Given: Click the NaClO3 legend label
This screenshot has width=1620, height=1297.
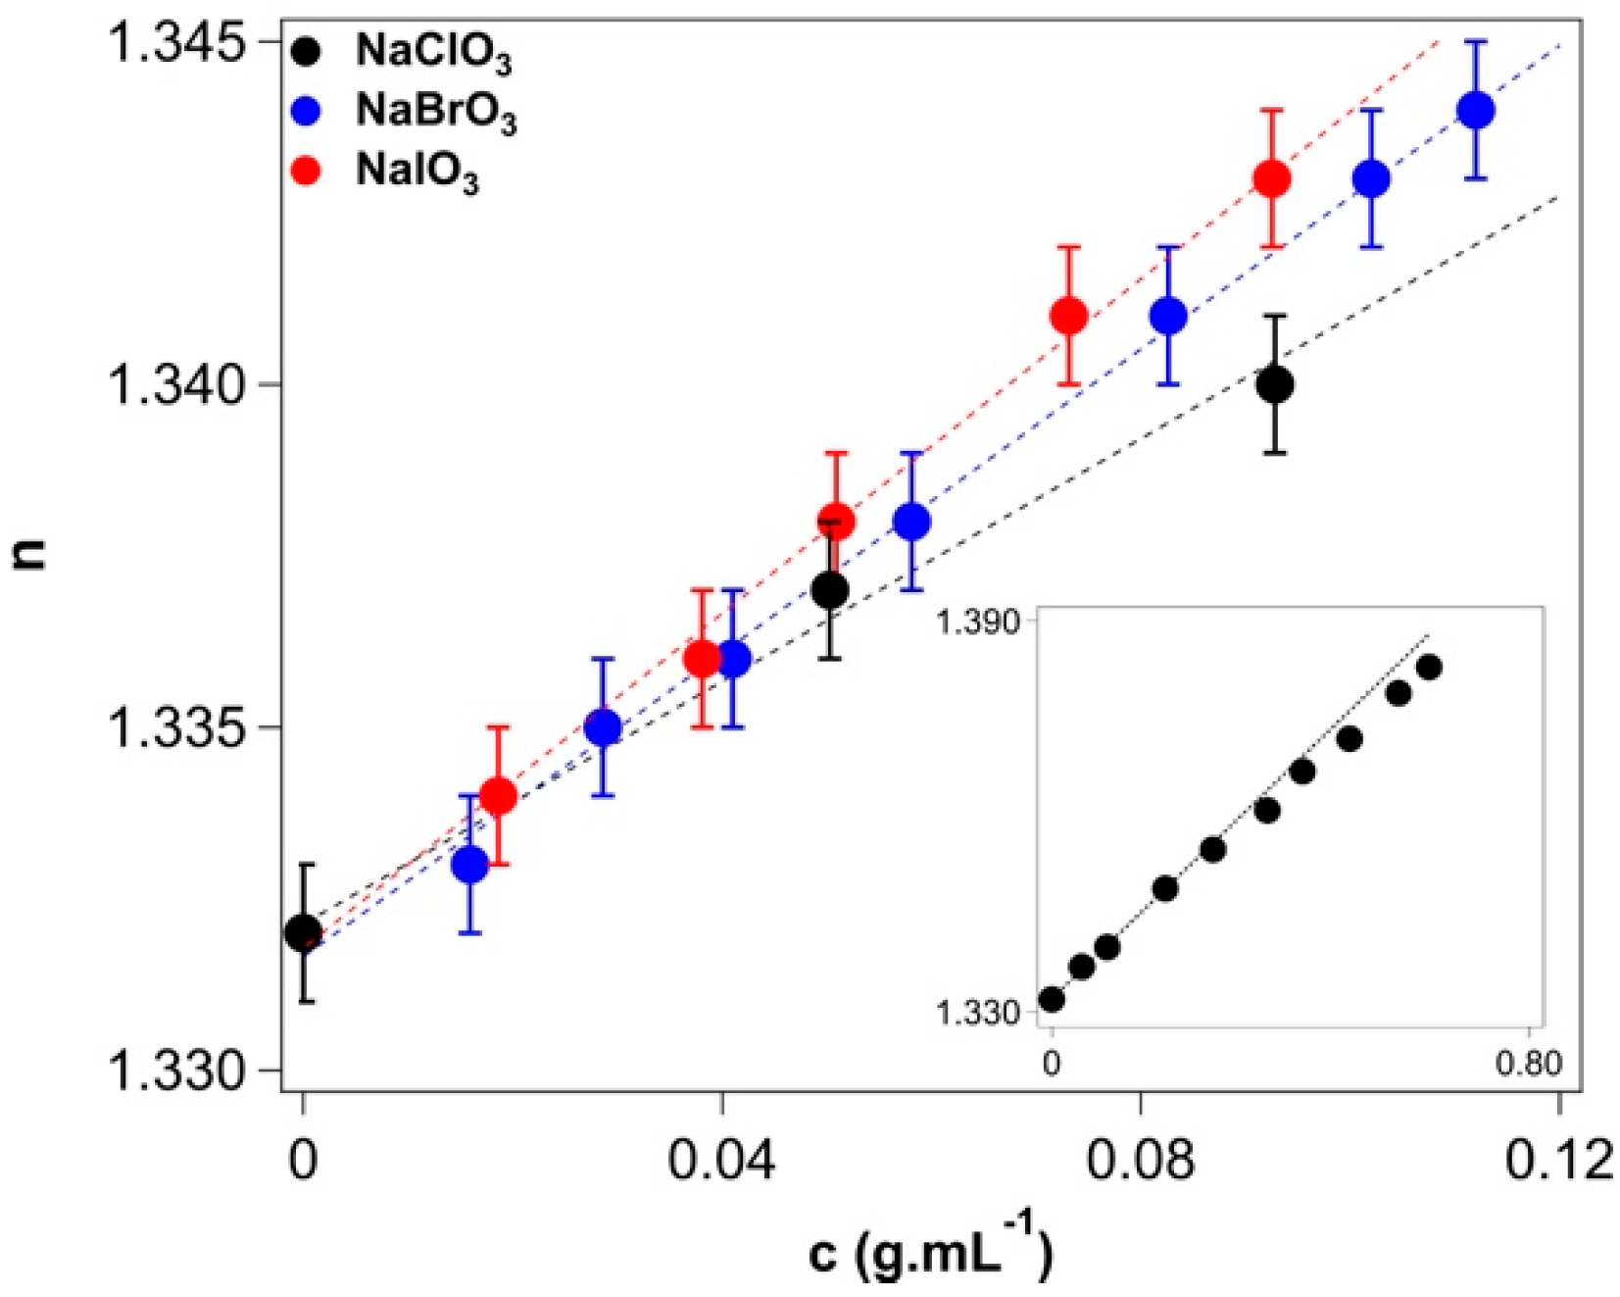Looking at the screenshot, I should tap(432, 53).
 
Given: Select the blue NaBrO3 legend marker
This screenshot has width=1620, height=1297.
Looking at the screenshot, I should tap(307, 111).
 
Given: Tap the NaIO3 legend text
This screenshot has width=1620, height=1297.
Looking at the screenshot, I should tap(417, 173).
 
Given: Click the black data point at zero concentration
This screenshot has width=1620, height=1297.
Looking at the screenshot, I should tap(304, 932).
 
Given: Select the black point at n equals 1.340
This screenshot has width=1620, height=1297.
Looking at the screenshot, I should tap(1274, 384).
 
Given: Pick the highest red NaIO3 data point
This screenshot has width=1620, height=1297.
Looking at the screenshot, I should tap(1272, 178).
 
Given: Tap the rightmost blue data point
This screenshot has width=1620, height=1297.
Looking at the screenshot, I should tap(1476, 110).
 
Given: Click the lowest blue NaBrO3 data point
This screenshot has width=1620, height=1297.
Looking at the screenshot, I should tap(470, 865).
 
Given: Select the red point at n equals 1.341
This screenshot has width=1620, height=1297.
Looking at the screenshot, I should tap(1068, 316).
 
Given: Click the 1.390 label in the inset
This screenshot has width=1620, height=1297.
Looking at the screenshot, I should tap(977, 622).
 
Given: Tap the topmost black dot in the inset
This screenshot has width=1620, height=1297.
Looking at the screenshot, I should tap(1429, 668).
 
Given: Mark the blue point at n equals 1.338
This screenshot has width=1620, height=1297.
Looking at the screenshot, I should tap(912, 522).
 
